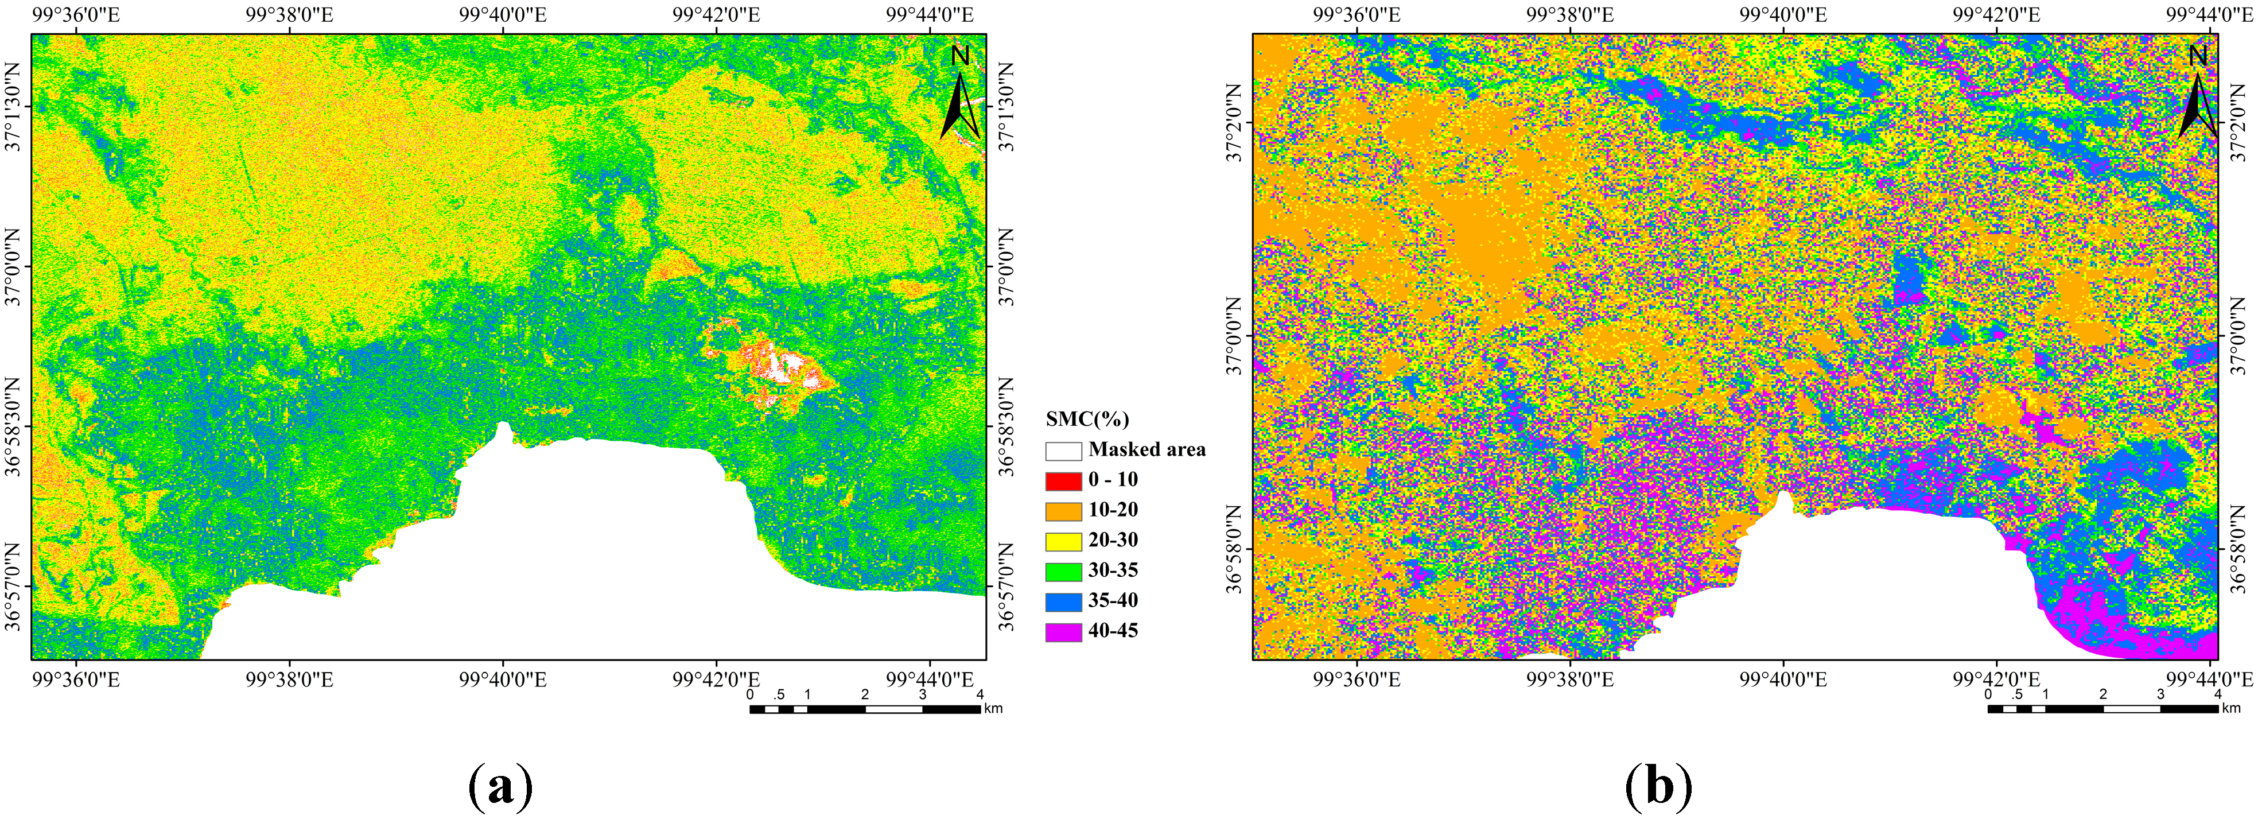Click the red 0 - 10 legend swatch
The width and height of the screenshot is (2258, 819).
point(1062,480)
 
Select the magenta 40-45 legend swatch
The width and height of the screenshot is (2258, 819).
point(1062,631)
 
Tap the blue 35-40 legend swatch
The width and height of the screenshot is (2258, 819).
point(1062,601)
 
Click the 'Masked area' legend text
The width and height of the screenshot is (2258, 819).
point(1147,450)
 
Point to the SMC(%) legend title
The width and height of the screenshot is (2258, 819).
point(1087,418)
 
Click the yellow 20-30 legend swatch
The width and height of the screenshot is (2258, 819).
point(1062,541)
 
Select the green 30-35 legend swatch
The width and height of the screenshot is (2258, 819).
point(1062,571)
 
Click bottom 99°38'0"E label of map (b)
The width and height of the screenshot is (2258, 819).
point(1570,680)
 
